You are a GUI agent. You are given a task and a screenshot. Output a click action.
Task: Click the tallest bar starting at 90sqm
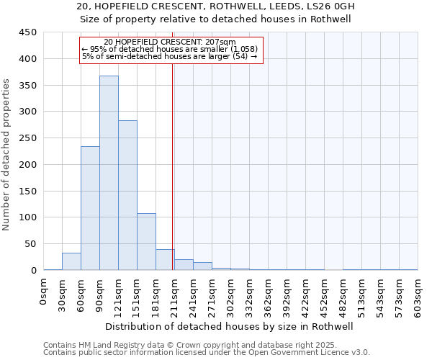[x=109, y=173]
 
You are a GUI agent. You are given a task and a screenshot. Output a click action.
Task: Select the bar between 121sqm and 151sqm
[x=127, y=195]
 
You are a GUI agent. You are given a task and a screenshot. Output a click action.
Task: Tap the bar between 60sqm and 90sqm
[x=90, y=208]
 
